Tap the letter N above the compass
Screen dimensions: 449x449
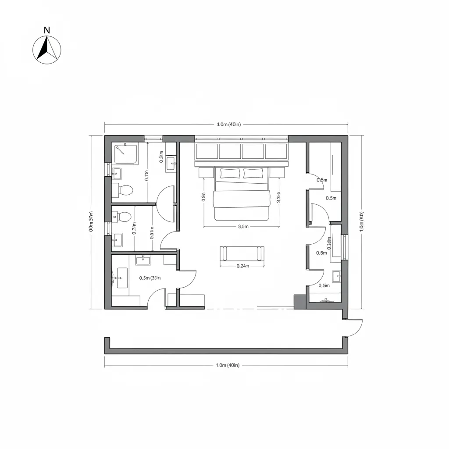pyautogui.click(x=47, y=30)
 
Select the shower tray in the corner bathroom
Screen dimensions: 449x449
pyautogui.click(x=126, y=154)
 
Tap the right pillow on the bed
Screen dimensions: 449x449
pyautogui.click(x=253, y=173)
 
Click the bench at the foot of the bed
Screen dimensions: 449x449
pyautogui.click(x=242, y=254)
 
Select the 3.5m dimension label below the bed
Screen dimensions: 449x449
pyautogui.click(x=243, y=227)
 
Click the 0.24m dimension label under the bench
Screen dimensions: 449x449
pyautogui.click(x=242, y=266)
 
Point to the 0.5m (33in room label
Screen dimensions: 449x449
pyautogui.click(x=150, y=278)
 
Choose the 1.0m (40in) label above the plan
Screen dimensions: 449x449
pyautogui.click(x=229, y=125)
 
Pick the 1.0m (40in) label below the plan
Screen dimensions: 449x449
pyautogui.click(x=227, y=365)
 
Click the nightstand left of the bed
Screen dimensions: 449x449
pyautogui.click(x=206, y=172)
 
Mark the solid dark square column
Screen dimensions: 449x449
pyautogui.click(x=300, y=302)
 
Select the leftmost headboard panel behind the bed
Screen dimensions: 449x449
pyautogui.click(x=207, y=151)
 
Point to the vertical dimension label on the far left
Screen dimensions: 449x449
pyautogui.click(x=91, y=221)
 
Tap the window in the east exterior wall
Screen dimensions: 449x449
pyautogui.click(x=345, y=247)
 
